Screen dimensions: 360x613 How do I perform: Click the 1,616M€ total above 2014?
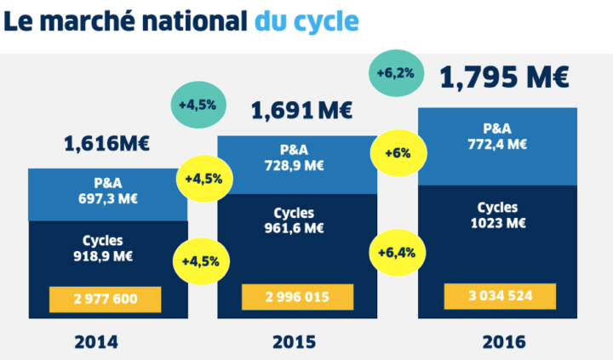(x=106, y=144)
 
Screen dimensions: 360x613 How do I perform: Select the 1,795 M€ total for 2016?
(x=504, y=77)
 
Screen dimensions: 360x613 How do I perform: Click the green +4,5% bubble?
(x=197, y=105)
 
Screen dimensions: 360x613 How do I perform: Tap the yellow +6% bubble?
(x=397, y=154)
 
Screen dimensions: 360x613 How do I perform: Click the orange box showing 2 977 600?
(x=106, y=299)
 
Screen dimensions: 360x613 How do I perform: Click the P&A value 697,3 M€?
(x=108, y=198)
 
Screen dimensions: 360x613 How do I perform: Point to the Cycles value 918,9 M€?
(x=107, y=255)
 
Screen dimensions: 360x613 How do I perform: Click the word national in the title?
(x=180, y=20)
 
